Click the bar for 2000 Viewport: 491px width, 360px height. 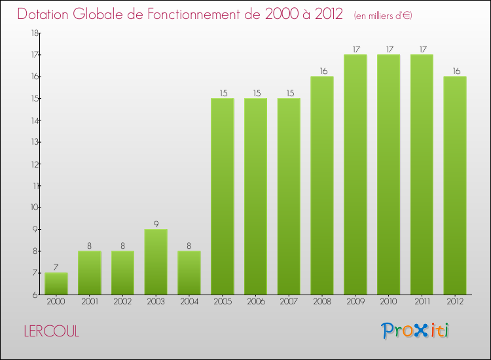click(56, 283)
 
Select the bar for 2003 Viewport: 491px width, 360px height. click(156, 262)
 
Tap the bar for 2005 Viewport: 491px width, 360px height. click(222, 196)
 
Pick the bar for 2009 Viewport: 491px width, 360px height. click(355, 175)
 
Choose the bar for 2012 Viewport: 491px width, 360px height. click(454, 185)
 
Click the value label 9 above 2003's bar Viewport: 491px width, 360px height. click(156, 223)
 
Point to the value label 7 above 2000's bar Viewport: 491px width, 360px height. click(56, 267)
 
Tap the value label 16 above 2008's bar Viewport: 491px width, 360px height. click(321, 71)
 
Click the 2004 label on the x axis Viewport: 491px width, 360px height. click(189, 302)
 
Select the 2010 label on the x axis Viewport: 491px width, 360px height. click(388, 302)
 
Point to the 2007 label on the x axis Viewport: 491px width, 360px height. click(289, 302)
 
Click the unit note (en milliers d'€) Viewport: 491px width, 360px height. click(382, 15)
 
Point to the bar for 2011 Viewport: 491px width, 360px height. click(422, 175)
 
